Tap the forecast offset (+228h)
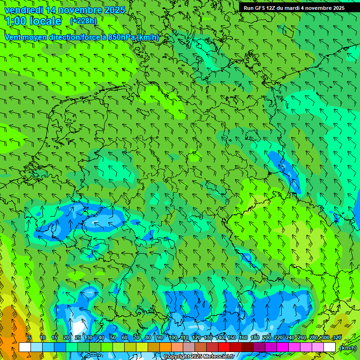tap(83, 21)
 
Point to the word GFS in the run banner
tap(261, 8)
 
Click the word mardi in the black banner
tap(295, 8)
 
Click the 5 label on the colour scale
tap(29, 337)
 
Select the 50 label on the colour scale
tap(113, 337)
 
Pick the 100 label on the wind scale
tap(173, 337)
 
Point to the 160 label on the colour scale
tap(243, 337)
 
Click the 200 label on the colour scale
tap(267, 337)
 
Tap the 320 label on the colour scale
tap(337, 337)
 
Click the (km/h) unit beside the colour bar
tap(348, 348)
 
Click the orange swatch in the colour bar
tap(165, 347)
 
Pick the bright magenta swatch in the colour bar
tap(283, 347)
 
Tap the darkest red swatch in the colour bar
tap(247, 347)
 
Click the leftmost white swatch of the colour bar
tap(25, 347)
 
